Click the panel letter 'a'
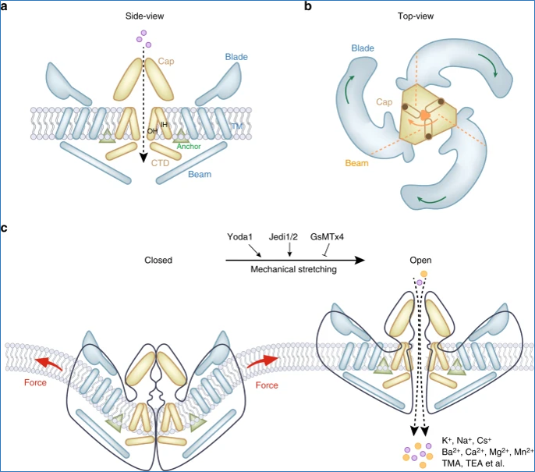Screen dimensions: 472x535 [x=6, y=6]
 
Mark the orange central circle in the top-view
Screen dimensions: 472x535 [x=424, y=115]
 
